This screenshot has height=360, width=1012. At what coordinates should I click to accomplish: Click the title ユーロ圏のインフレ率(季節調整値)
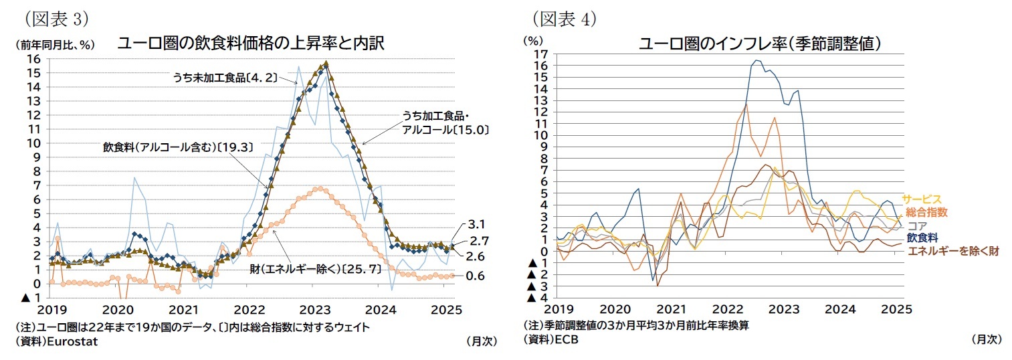[759, 44]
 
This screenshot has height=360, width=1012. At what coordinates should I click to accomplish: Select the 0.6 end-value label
[475, 276]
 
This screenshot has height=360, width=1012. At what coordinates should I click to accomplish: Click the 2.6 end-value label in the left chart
[475, 256]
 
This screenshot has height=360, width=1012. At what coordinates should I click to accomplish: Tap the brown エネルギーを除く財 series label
[953, 251]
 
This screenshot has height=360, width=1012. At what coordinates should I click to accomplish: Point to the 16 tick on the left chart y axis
[31, 59]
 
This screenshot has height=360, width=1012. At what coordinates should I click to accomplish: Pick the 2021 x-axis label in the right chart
[671, 310]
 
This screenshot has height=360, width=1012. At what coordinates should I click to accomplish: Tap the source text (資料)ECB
[551, 339]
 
